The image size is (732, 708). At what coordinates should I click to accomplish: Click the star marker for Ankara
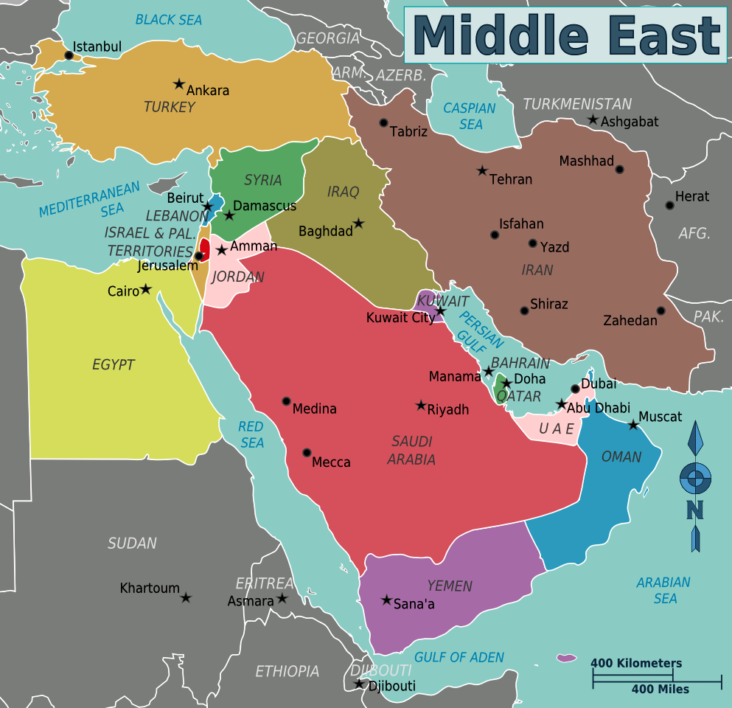point(178,84)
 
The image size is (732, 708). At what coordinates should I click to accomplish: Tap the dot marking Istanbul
point(69,55)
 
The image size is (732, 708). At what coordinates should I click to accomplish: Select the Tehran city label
point(510,179)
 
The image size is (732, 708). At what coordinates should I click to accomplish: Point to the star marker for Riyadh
point(421,405)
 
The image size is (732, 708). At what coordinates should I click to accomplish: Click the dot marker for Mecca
point(307,452)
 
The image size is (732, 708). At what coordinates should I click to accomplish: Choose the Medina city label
point(314,409)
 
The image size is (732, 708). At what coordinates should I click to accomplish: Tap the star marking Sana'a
point(386,600)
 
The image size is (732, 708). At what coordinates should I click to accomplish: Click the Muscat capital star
point(633,425)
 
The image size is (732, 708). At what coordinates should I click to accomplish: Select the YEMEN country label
point(449,586)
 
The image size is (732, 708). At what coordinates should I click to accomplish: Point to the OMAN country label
point(621,457)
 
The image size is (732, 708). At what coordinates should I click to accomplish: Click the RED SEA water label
point(251,434)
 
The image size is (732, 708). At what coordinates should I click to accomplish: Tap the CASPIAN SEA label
point(470,117)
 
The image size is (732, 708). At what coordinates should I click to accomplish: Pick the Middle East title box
point(565,35)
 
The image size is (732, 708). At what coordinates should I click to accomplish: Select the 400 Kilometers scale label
point(635,663)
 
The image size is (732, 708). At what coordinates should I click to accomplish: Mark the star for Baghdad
point(358,223)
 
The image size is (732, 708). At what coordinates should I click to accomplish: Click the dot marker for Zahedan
point(661,310)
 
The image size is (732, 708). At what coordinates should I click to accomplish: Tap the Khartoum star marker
point(186,597)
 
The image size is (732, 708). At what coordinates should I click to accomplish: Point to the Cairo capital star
point(146,289)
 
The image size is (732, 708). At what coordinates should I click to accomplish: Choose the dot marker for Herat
point(669,205)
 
